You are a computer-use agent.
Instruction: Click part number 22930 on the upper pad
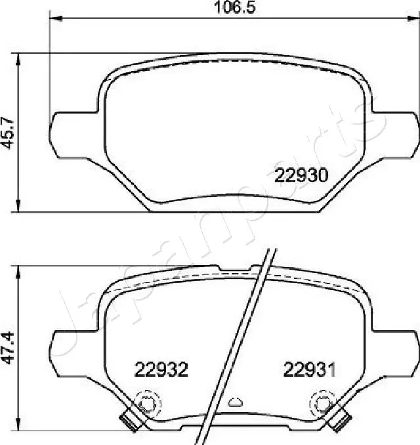click(301, 175)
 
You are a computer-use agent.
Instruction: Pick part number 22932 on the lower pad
click(161, 370)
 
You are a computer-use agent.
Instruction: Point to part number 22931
click(309, 370)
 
